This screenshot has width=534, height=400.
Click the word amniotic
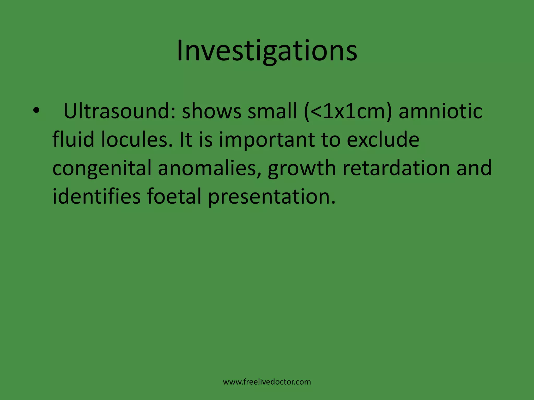coord(440,111)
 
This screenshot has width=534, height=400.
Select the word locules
coord(137,139)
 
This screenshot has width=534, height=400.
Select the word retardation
coord(396,168)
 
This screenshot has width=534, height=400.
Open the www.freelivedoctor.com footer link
coord(267,382)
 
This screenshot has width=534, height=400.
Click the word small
coord(272,111)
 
